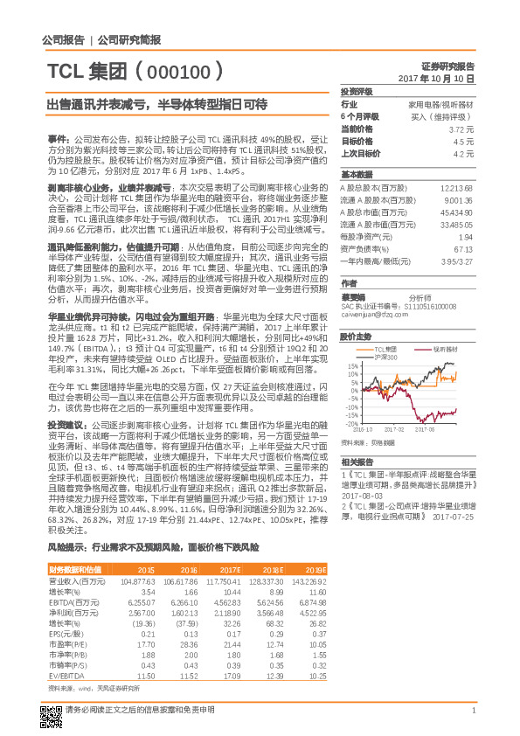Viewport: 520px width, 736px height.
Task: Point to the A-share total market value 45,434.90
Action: click(x=455, y=212)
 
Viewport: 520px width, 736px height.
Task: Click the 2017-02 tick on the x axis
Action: click(x=392, y=428)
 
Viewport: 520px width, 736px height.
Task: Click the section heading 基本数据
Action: click(x=357, y=175)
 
